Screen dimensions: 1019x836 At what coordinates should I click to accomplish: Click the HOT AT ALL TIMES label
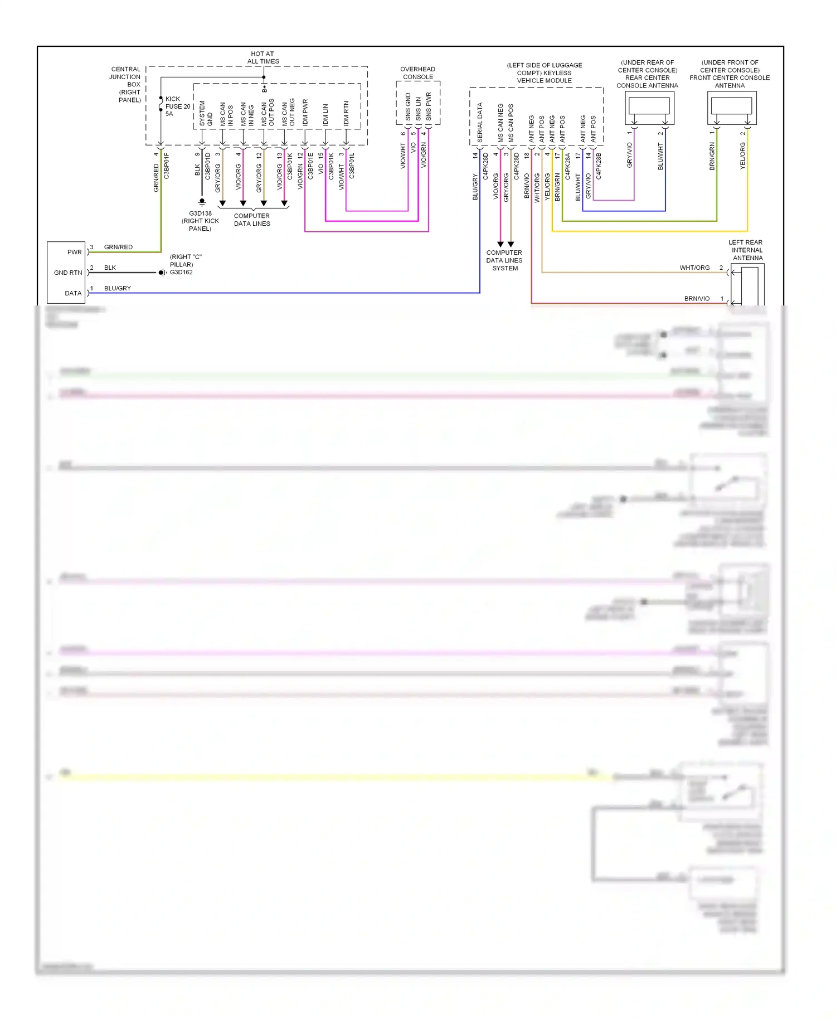[x=263, y=58]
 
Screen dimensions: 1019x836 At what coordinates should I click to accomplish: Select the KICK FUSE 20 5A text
[x=177, y=106]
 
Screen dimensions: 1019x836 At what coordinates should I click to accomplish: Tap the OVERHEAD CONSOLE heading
[x=418, y=73]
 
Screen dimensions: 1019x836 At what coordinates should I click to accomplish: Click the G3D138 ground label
[x=200, y=213]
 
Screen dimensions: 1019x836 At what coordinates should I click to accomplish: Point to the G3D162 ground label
[x=181, y=273]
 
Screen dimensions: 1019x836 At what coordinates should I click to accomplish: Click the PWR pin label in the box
[x=74, y=252]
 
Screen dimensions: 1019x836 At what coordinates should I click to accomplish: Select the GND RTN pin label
[x=67, y=273]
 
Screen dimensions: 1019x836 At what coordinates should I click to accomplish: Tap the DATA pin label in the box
[x=73, y=293]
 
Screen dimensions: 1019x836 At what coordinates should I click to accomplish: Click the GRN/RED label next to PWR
[x=118, y=247]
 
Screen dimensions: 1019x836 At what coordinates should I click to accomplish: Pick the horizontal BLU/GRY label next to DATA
[x=118, y=288]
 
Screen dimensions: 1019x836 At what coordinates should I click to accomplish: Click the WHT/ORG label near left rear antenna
[x=694, y=268]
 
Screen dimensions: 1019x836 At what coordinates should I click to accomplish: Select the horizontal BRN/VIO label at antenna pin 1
[x=697, y=299]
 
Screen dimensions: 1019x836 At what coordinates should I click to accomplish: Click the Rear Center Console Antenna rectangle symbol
[x=649, y=105]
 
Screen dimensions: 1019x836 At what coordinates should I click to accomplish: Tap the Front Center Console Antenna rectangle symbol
[x=731, y=105]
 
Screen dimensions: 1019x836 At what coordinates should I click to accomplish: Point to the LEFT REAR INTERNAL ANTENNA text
[x=747, y=250]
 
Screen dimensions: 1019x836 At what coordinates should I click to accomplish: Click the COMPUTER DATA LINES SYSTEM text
[x=504, y=260]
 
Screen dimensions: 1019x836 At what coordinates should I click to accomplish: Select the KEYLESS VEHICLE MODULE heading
[x=544, y=73]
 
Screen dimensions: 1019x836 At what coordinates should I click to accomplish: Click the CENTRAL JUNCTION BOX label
[x=126, y=84]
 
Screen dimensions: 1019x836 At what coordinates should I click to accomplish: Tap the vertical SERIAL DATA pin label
[x=480, y=122]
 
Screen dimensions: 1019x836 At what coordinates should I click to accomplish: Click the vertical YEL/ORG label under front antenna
[x=742, y=156]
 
